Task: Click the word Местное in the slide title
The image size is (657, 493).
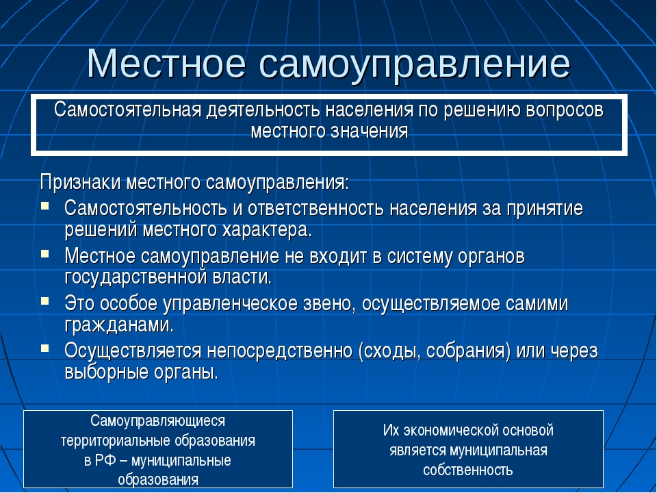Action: pos(166,63)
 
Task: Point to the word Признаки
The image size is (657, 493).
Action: pos(80,183)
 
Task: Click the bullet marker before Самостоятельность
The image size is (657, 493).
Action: pos(45,206)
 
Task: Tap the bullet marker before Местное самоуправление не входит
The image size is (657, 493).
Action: pos(45,253)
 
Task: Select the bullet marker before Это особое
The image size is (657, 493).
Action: pos(45,301)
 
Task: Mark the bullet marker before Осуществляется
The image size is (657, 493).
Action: pos(45,348)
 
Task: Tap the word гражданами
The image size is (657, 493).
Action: pos(119,325)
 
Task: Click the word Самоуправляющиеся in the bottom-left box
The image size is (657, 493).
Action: pos(157,421)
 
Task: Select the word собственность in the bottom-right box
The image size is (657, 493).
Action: pos(468,470)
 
